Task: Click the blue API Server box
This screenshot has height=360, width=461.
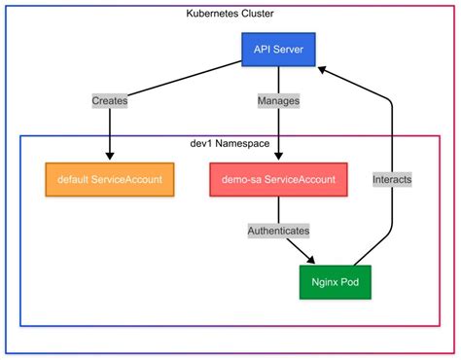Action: click(278, 49)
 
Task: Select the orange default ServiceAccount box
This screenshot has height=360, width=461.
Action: click(110, 180)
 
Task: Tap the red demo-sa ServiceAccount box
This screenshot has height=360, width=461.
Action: click(278, 180)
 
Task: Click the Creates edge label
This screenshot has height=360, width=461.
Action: click(110, 100)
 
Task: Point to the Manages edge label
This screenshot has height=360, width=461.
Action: click(278, 100)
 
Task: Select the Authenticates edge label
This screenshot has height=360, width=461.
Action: click(278, 232)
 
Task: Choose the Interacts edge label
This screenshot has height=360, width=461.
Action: click(391, 179)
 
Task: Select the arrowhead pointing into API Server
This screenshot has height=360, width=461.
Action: click(324, 67)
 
